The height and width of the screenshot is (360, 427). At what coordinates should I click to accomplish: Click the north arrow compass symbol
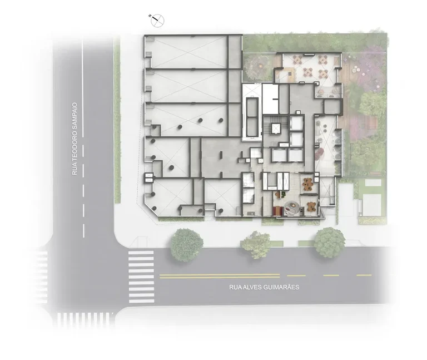coord(157,20)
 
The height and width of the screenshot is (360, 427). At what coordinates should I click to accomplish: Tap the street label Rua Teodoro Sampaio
coord(75,139)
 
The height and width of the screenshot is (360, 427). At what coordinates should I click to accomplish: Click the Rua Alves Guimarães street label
coord(264,287)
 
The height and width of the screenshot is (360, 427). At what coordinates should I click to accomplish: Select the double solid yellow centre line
coord(220,276)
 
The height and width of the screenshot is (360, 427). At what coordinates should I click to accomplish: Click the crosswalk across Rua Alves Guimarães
coord(141,277)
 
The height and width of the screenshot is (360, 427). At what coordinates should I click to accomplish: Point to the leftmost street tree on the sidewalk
coord(187,245)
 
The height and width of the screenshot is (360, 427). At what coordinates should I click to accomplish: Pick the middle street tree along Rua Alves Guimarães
coord(256,244)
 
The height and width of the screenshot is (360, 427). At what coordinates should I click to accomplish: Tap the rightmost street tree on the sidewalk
coord(330,243)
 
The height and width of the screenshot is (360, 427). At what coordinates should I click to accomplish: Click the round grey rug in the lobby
coord(291,208)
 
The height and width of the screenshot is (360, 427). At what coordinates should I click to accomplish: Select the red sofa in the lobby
coord(277,210)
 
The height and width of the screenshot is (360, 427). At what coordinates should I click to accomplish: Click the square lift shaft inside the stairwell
coord(276,128)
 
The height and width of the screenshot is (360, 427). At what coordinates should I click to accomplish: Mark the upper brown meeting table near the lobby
coord(308,184)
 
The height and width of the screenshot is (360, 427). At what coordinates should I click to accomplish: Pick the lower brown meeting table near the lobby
coord(311,206)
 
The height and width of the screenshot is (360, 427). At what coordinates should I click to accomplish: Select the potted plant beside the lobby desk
coord(283,194)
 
